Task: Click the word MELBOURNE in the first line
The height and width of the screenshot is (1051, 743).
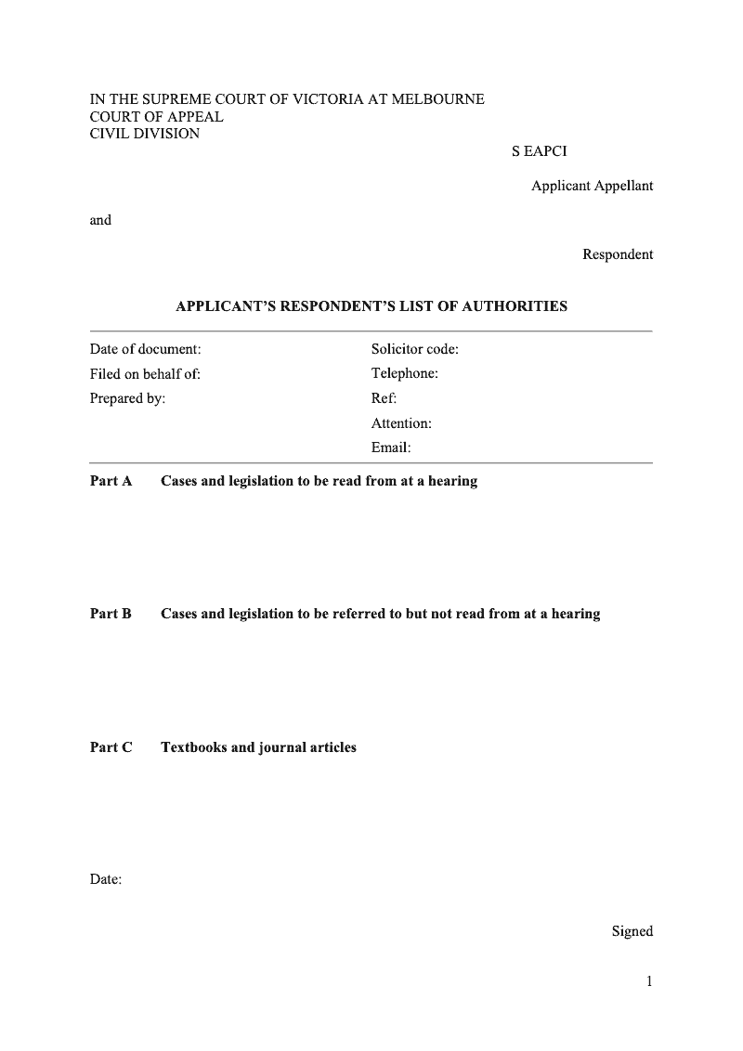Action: [x=438, y=99]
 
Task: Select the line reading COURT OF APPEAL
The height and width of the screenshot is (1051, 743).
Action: [x=156, y=117]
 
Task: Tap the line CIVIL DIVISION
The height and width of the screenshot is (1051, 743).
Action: [x=144, y=134]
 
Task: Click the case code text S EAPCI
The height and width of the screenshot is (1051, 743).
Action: [x=539, y=151]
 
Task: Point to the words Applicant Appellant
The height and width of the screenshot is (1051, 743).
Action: [x=592, y=186]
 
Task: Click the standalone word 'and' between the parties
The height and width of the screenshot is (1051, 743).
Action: [x=100, y=220]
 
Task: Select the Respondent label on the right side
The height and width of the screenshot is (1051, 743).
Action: [x=618, y=254]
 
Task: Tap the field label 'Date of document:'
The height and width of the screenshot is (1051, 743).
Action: [x=145, y=349]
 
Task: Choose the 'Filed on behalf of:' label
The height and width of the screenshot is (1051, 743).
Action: [x=145, y=374]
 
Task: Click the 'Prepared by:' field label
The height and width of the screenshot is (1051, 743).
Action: [x=127, y=398]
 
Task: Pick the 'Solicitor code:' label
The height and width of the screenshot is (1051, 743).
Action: [x=415, y=349]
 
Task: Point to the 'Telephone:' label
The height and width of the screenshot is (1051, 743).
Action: [x=405, y=374]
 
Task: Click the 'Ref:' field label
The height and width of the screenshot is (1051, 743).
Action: [x=384, y=398]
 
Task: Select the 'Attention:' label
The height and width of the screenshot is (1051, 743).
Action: [x=401, y=423]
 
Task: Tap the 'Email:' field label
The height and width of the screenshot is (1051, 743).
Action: [x=391, y=448]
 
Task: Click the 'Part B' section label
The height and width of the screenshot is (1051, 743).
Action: [x=111, y=614]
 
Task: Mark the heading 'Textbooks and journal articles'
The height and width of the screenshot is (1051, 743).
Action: [x=258, y=747]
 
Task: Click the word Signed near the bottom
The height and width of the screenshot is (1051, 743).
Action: [x=632, y=931]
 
